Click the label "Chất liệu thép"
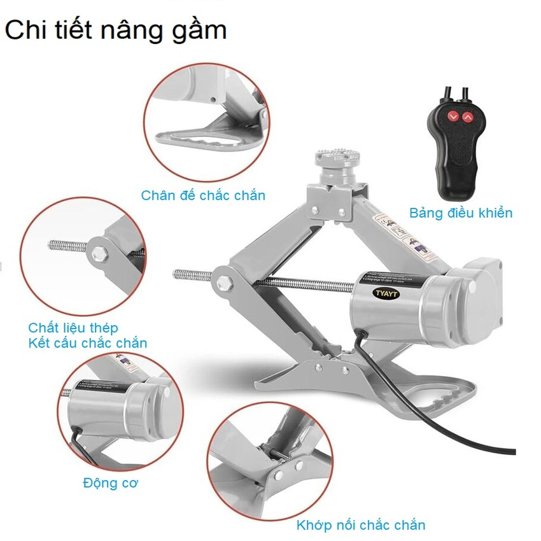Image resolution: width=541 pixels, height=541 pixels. click(73, 328)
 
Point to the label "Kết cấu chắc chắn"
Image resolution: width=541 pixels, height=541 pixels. click(87, 343)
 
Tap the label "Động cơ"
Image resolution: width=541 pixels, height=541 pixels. click(110, 482)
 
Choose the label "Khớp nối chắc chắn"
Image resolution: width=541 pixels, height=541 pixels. click(360, 525)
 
